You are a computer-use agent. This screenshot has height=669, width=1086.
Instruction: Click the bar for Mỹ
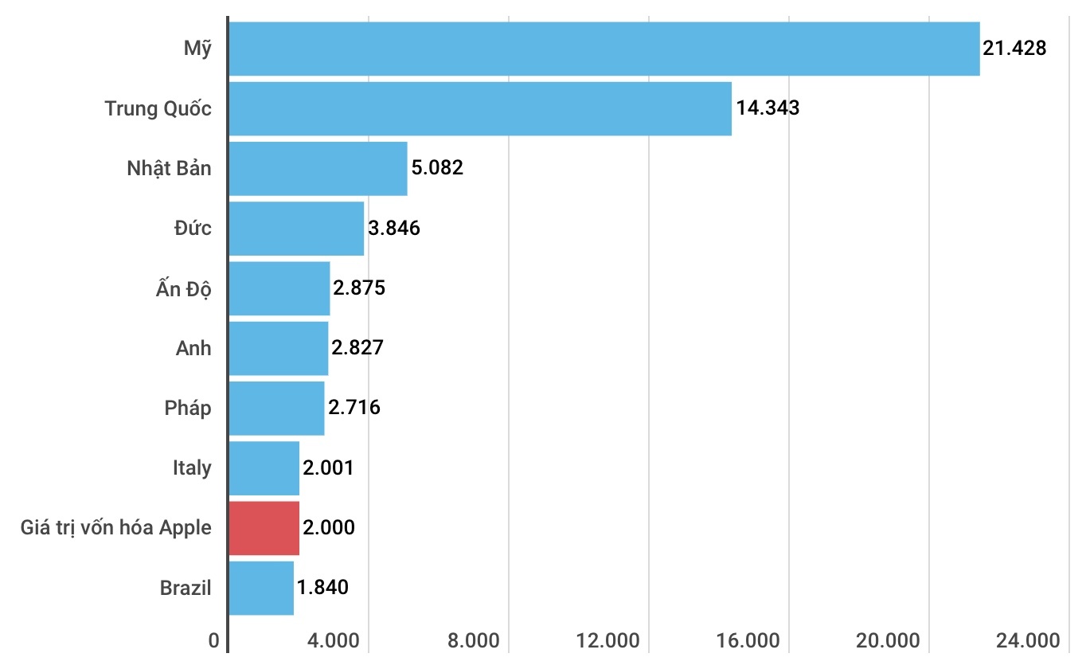click(x=604, y=49)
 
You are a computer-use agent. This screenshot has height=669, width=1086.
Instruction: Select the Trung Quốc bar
click(x=480, y=108)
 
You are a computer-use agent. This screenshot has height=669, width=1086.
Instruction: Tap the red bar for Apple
click(x=264, y=527)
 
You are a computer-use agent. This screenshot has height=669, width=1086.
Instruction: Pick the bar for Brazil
click(x=261, y=588)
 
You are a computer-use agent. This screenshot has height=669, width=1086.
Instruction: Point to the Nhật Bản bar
click(x=318, y=168)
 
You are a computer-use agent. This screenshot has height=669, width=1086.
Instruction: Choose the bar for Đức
click(x=296, y=228)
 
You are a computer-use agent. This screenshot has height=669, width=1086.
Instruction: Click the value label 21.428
click(x=1014, y=49)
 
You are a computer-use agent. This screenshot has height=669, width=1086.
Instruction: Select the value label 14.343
click(x=768, y=108)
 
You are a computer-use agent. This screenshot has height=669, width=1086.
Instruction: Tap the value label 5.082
click(x=437, y=168)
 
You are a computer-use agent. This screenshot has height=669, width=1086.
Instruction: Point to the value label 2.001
click(x=328, y=468)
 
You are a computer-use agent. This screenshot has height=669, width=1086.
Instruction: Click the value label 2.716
click(x=354, y=408)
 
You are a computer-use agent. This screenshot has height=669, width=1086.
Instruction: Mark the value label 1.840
click(x=322, y=588)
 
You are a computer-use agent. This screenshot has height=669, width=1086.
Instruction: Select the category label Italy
click(x=192, y=468)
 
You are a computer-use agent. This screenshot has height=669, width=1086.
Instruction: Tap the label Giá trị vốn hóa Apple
click(x=116, y=527)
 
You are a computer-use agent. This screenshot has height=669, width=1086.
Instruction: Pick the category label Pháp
click(x=188, y=408)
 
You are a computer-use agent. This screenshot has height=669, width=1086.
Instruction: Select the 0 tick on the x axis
click(x=213, y=641)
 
